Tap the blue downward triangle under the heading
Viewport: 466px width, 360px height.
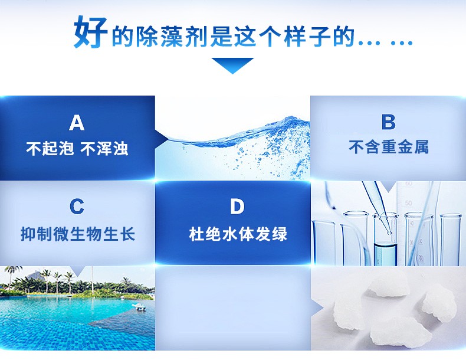click(x=232, y=64)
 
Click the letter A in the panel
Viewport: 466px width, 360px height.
click(x=77, y=122)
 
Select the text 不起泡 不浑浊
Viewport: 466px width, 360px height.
click(x=77, y=148)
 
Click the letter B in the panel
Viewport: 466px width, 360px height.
click(x=388, y=122)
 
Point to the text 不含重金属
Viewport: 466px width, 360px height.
click(x=388, y=148)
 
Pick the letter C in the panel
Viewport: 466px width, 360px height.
click(x=77, y=207)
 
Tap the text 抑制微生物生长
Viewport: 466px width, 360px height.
click(x=77, y=234)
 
